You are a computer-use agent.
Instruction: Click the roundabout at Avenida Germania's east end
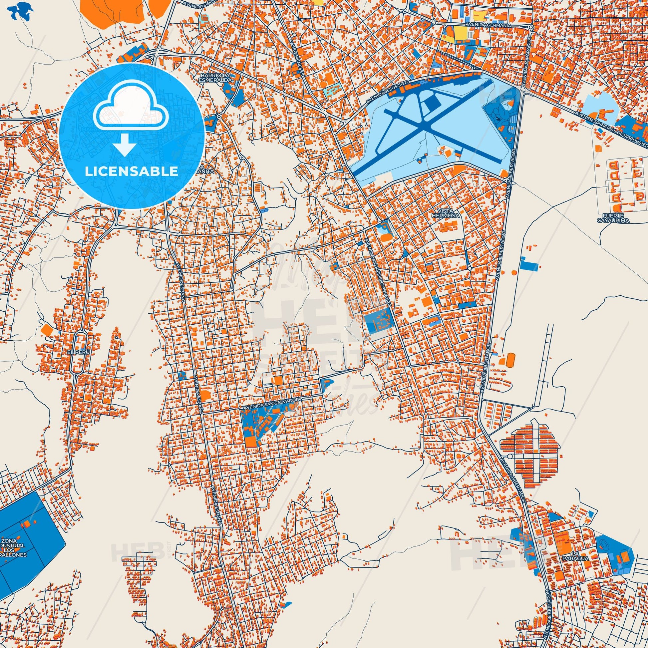click(x=530, y=28)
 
